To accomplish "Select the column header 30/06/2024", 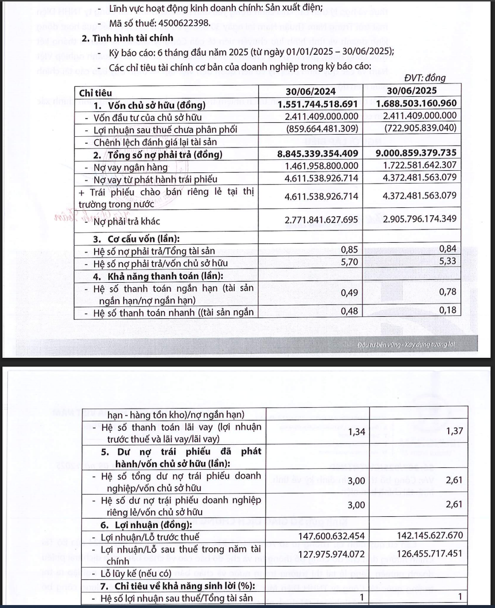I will (x=311, y=91).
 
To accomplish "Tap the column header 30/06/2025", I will (x=412, y=91).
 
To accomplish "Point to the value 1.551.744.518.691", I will (x=318, y=104).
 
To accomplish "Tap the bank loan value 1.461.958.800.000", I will (x=321, y=166).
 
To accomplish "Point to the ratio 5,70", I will (x=350, y=262).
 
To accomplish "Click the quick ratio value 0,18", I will (x=448, y=310).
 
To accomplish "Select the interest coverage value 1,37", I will (x=454, y=431).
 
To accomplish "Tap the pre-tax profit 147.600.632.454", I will (x=331, y=536).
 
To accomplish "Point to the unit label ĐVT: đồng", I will (x=424, y=78).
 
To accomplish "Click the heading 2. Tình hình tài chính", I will (x=127, y=38).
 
